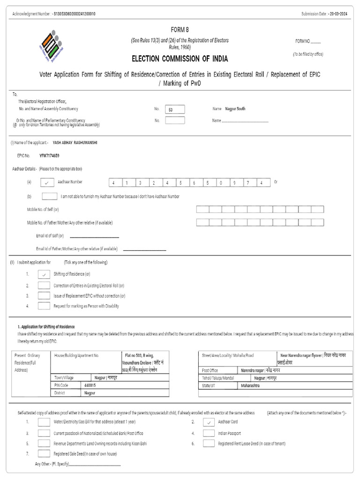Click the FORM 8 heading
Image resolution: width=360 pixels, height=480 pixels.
[180, 30]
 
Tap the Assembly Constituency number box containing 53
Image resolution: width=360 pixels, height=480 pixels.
[175, 109]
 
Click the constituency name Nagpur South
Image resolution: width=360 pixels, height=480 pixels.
[235, 109]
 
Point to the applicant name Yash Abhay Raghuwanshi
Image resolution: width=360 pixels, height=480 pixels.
[75, 142]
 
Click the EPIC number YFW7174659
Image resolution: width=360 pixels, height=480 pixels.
[49, 155]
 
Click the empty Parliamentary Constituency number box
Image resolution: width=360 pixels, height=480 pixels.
[175, 120]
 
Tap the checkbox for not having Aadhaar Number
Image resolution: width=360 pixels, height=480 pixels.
[49, 196]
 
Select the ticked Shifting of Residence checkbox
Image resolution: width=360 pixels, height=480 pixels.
[44, 274]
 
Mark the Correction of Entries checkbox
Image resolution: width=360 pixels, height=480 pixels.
[44, 285]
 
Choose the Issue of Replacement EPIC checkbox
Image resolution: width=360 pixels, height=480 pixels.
[44, 296]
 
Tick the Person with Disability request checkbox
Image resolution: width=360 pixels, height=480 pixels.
[44, 306]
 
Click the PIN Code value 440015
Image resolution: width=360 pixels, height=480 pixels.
[90, 385]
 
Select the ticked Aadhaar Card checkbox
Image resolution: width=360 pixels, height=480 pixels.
[209, 422]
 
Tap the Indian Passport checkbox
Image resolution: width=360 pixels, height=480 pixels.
[209, 433]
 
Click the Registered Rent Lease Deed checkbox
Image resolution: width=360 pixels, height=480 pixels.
[209, 443]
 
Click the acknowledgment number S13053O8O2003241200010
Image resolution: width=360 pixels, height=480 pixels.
[75, 14]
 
